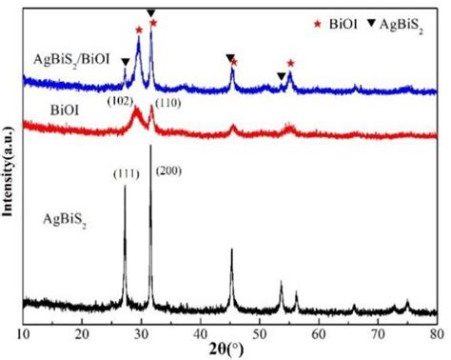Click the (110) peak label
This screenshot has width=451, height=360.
pos(166,100)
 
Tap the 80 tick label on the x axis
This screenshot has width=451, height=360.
pos(436,334)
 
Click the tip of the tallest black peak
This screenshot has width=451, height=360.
pos(151,146)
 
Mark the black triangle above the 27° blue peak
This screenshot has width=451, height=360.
pos(125,62)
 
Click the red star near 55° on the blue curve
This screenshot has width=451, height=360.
pos(290,63)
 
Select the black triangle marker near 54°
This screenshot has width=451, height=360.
pos(280,76)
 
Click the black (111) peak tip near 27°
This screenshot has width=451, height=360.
pos(125,186)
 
